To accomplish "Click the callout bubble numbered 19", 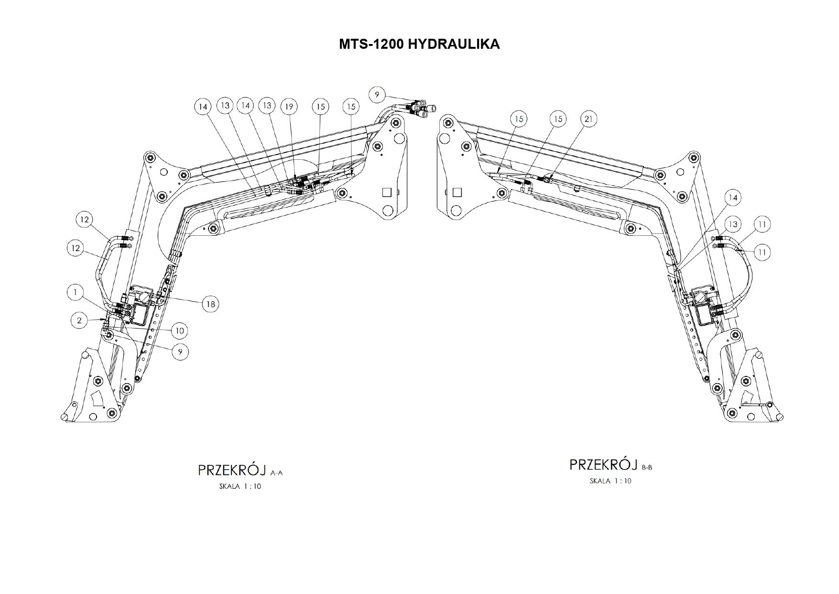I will tap(289, 106).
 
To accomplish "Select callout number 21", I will tap(588, 119).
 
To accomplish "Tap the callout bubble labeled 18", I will tap(210, 304).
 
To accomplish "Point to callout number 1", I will tap(76, 292).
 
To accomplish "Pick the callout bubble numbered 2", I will tap(79, 320).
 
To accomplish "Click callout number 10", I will tap(180, 330).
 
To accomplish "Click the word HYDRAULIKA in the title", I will tap(454, 44).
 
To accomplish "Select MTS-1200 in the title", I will tap(371, 44).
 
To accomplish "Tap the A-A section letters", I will tap(277, 473).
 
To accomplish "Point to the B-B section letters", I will tap(647, 467).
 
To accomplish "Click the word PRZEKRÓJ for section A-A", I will tap(232, 470).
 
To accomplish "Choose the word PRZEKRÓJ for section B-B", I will tap(604, 464).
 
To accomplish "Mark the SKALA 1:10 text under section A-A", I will tap(240, 487).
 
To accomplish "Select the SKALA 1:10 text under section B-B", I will tap(610, 481).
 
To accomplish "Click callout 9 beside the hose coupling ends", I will tap(377, 95).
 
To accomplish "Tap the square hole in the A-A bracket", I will tap(387, 192).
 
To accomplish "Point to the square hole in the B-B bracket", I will tap(457, 192).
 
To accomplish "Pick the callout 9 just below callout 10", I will tap(180, 352).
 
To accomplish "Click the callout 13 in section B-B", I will tap(732, 224).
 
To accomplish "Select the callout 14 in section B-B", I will tap(732, 198).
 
